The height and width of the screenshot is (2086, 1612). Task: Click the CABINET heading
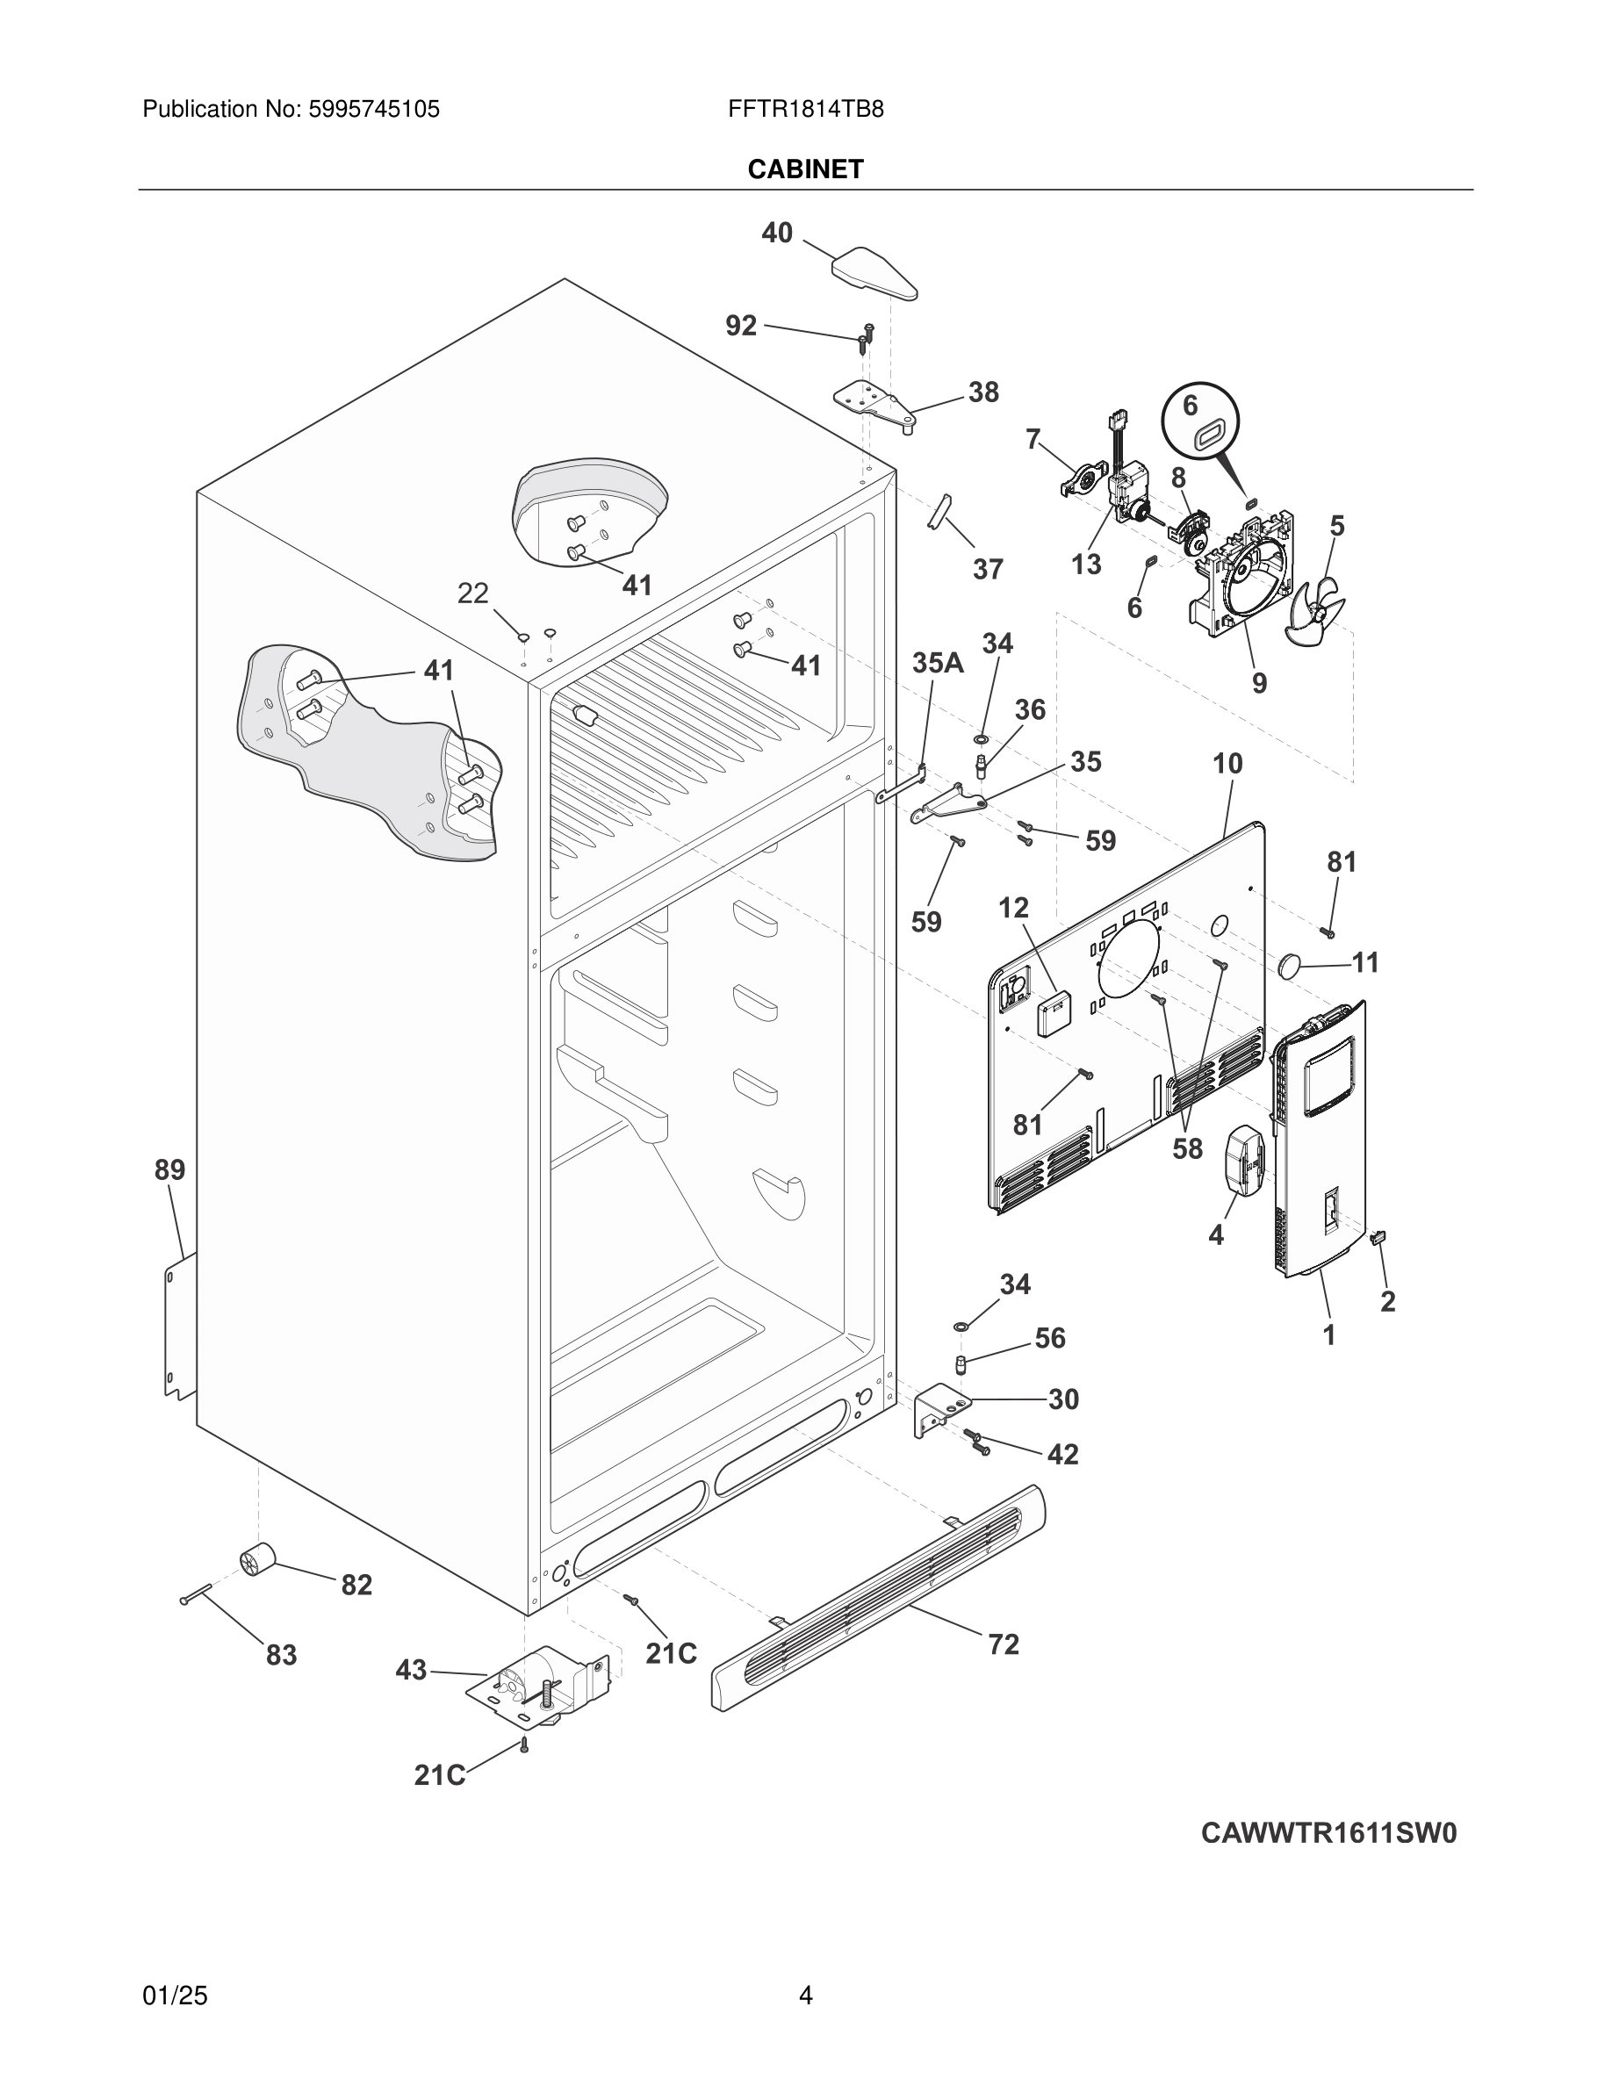(x=805, y=169)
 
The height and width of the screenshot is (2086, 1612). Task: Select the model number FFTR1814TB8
(x=805, y=109)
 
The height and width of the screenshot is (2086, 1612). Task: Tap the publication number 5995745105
(x=373, y=109)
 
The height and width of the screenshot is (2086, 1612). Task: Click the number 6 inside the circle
(x=1190, y=405)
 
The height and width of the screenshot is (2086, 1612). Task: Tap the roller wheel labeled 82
(x=255, y=1561)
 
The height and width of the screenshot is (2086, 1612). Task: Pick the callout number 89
(x=170, y=1169)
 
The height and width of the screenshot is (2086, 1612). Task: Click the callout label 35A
(x=937, y=662)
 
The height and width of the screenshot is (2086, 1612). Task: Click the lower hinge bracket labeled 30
(x=940, y=1410)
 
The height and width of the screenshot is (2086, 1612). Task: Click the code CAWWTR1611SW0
(x=1328, y=1833)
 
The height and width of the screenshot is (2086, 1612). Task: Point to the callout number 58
(x=1187, y=1148)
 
